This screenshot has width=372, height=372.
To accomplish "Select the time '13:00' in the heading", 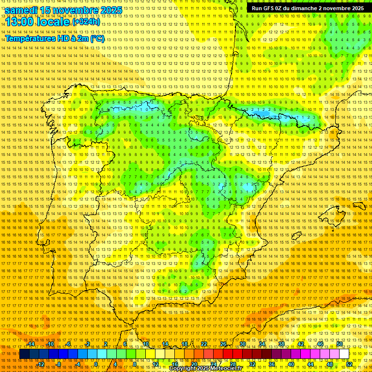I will point(19,22).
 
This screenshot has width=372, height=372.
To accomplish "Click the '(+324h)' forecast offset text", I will point(86,22).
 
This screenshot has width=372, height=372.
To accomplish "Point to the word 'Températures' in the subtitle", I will point(30,38).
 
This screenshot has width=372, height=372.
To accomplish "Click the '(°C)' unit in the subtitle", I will point(97,38).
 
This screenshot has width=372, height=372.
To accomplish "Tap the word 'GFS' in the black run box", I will point(266,8).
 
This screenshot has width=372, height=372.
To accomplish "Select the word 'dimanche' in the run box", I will point(303,8).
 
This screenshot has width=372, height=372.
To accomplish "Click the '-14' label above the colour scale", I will point(31,344).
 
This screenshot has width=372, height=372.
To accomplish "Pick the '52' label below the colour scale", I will point(349,364).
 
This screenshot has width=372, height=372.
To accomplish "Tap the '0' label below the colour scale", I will point(96,364).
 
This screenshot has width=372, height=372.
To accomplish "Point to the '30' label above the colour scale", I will point(242,344).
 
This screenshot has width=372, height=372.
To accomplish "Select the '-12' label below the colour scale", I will point(41,364).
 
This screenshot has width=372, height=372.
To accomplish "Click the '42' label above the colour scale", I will point(300,344).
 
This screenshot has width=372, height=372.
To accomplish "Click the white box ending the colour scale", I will point(344,354).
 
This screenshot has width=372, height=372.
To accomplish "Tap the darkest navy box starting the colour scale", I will point(24,354).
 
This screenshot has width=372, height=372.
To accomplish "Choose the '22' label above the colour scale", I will point(203,344).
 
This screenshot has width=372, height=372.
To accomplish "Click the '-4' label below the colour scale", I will point(77,364).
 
